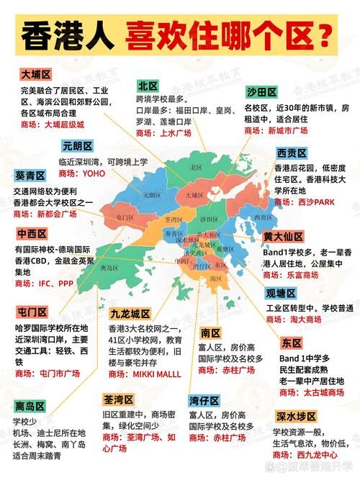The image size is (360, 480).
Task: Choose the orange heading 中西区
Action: tap(32, 233)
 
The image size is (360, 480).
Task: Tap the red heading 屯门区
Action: tap(32, 312)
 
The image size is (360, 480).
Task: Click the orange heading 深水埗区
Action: tap(296, 416)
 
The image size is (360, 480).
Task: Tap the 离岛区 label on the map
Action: tap(110, 267)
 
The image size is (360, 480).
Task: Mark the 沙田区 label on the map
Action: tap(208, 219)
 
